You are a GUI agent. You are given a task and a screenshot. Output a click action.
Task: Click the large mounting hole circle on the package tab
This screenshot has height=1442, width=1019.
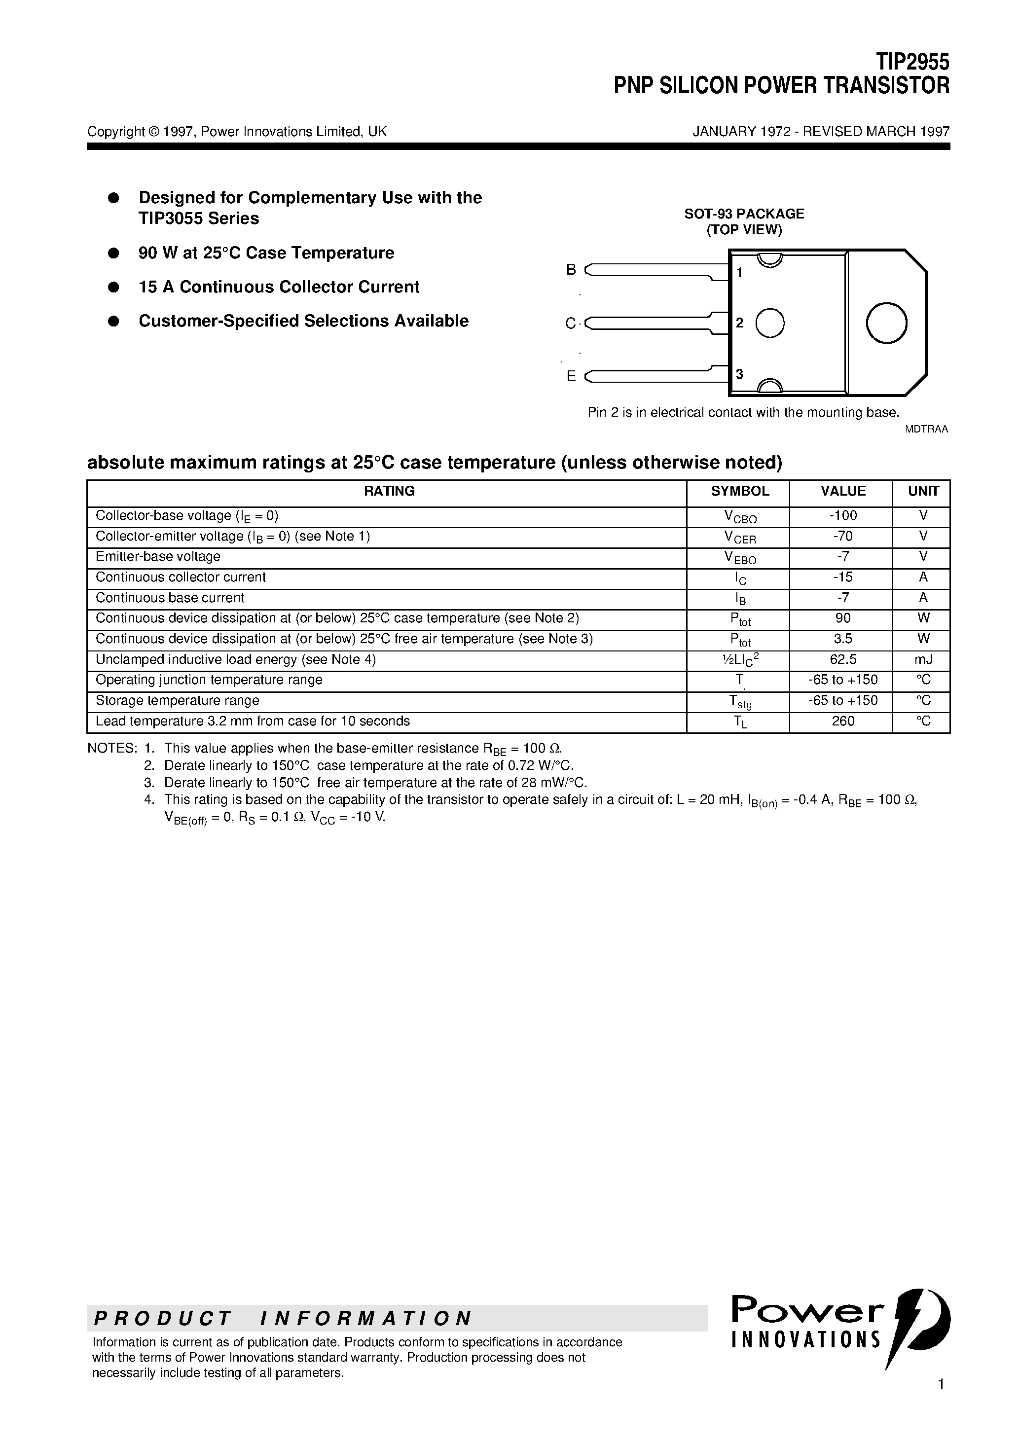[x=886, y=323]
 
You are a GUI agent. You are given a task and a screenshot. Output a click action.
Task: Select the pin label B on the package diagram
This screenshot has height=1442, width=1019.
[x=571, y=269]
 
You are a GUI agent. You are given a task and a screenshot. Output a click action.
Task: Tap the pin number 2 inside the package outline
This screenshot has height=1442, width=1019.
[x=739, y=323]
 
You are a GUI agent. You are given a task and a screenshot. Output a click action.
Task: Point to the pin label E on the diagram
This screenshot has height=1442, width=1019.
[x=571, y=376]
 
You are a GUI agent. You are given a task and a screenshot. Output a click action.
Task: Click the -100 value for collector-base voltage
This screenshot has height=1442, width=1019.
[x=842, y=516]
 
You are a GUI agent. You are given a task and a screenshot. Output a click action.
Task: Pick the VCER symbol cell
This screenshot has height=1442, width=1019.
[x=739, y=537]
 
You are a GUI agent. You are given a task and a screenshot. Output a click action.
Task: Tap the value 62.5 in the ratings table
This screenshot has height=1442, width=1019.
[x=842, y=659]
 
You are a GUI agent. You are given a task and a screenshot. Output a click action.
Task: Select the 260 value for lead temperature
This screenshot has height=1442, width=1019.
[x=842, y=721]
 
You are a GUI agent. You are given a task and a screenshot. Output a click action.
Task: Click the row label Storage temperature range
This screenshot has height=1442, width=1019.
[x=177, y=700]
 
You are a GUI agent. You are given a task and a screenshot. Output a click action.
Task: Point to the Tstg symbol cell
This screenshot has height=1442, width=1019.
[x=739, y=702]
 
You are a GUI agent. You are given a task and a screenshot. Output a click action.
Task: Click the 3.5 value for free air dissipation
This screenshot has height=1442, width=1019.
[x=842, y=639]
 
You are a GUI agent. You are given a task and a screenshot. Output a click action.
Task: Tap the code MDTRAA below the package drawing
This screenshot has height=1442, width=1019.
[x=925, y=430]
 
